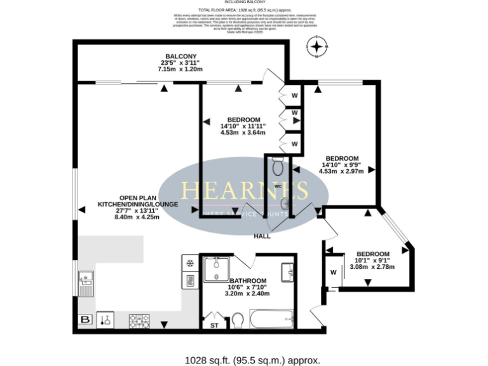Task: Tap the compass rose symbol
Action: [316, 47]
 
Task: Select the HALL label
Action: [262, 236]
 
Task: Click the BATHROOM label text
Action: [248, 280]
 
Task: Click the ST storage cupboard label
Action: [213, 325]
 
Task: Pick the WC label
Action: [278, 186]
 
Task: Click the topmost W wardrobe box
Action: [294, 95]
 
